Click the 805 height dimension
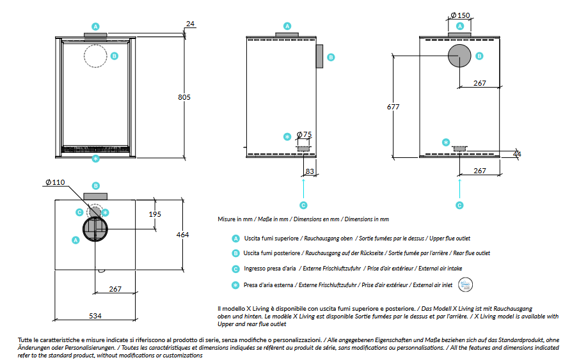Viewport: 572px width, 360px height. [x=184, y=97]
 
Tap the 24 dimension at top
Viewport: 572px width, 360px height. [x=189, y=24]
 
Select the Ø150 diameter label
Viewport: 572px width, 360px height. [x=460, y=15]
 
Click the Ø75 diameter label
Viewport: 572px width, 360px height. [x=304, y=135]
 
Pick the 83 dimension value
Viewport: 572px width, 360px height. [x=310, y=171]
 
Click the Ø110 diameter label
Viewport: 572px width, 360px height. [x=56, y=182]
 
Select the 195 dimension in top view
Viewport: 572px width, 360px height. [x=155, y=214]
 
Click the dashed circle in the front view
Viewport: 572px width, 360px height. [x=96, y=56]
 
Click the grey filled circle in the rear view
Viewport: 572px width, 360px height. [x=459, y=56]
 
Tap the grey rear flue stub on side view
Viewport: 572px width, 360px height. [x=319, y=56]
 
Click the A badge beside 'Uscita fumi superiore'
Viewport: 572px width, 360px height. [x=235, y=237]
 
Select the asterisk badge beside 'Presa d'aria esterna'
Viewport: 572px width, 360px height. [x=235, y=285]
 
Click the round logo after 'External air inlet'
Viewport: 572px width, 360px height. [x=465, y=285]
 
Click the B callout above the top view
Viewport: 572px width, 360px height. [x=95, y=185]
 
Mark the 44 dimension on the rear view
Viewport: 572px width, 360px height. [x=517, y=154]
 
